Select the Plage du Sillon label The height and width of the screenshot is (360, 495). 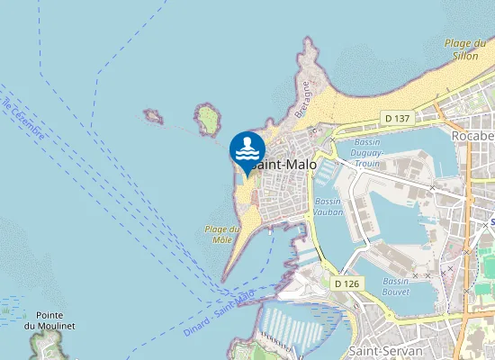pyautogui.click(x=469, y=49)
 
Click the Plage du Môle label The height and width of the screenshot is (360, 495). pyautogui.click(x=217, y=234)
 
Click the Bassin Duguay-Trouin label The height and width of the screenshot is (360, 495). pyautogui.click(x=368, y=153)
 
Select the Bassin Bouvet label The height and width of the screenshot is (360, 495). pyautogui.click(x=396, y=286)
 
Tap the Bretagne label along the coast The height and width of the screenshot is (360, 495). pyautogui.click(x=303, y=99)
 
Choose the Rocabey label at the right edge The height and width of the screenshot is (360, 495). pyautogui.click(x=473, y=136)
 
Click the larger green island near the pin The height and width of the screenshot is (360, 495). pyautogui.click(x=209, y=118)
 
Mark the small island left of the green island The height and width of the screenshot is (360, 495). pyautogui.click(x=152, y=116)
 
